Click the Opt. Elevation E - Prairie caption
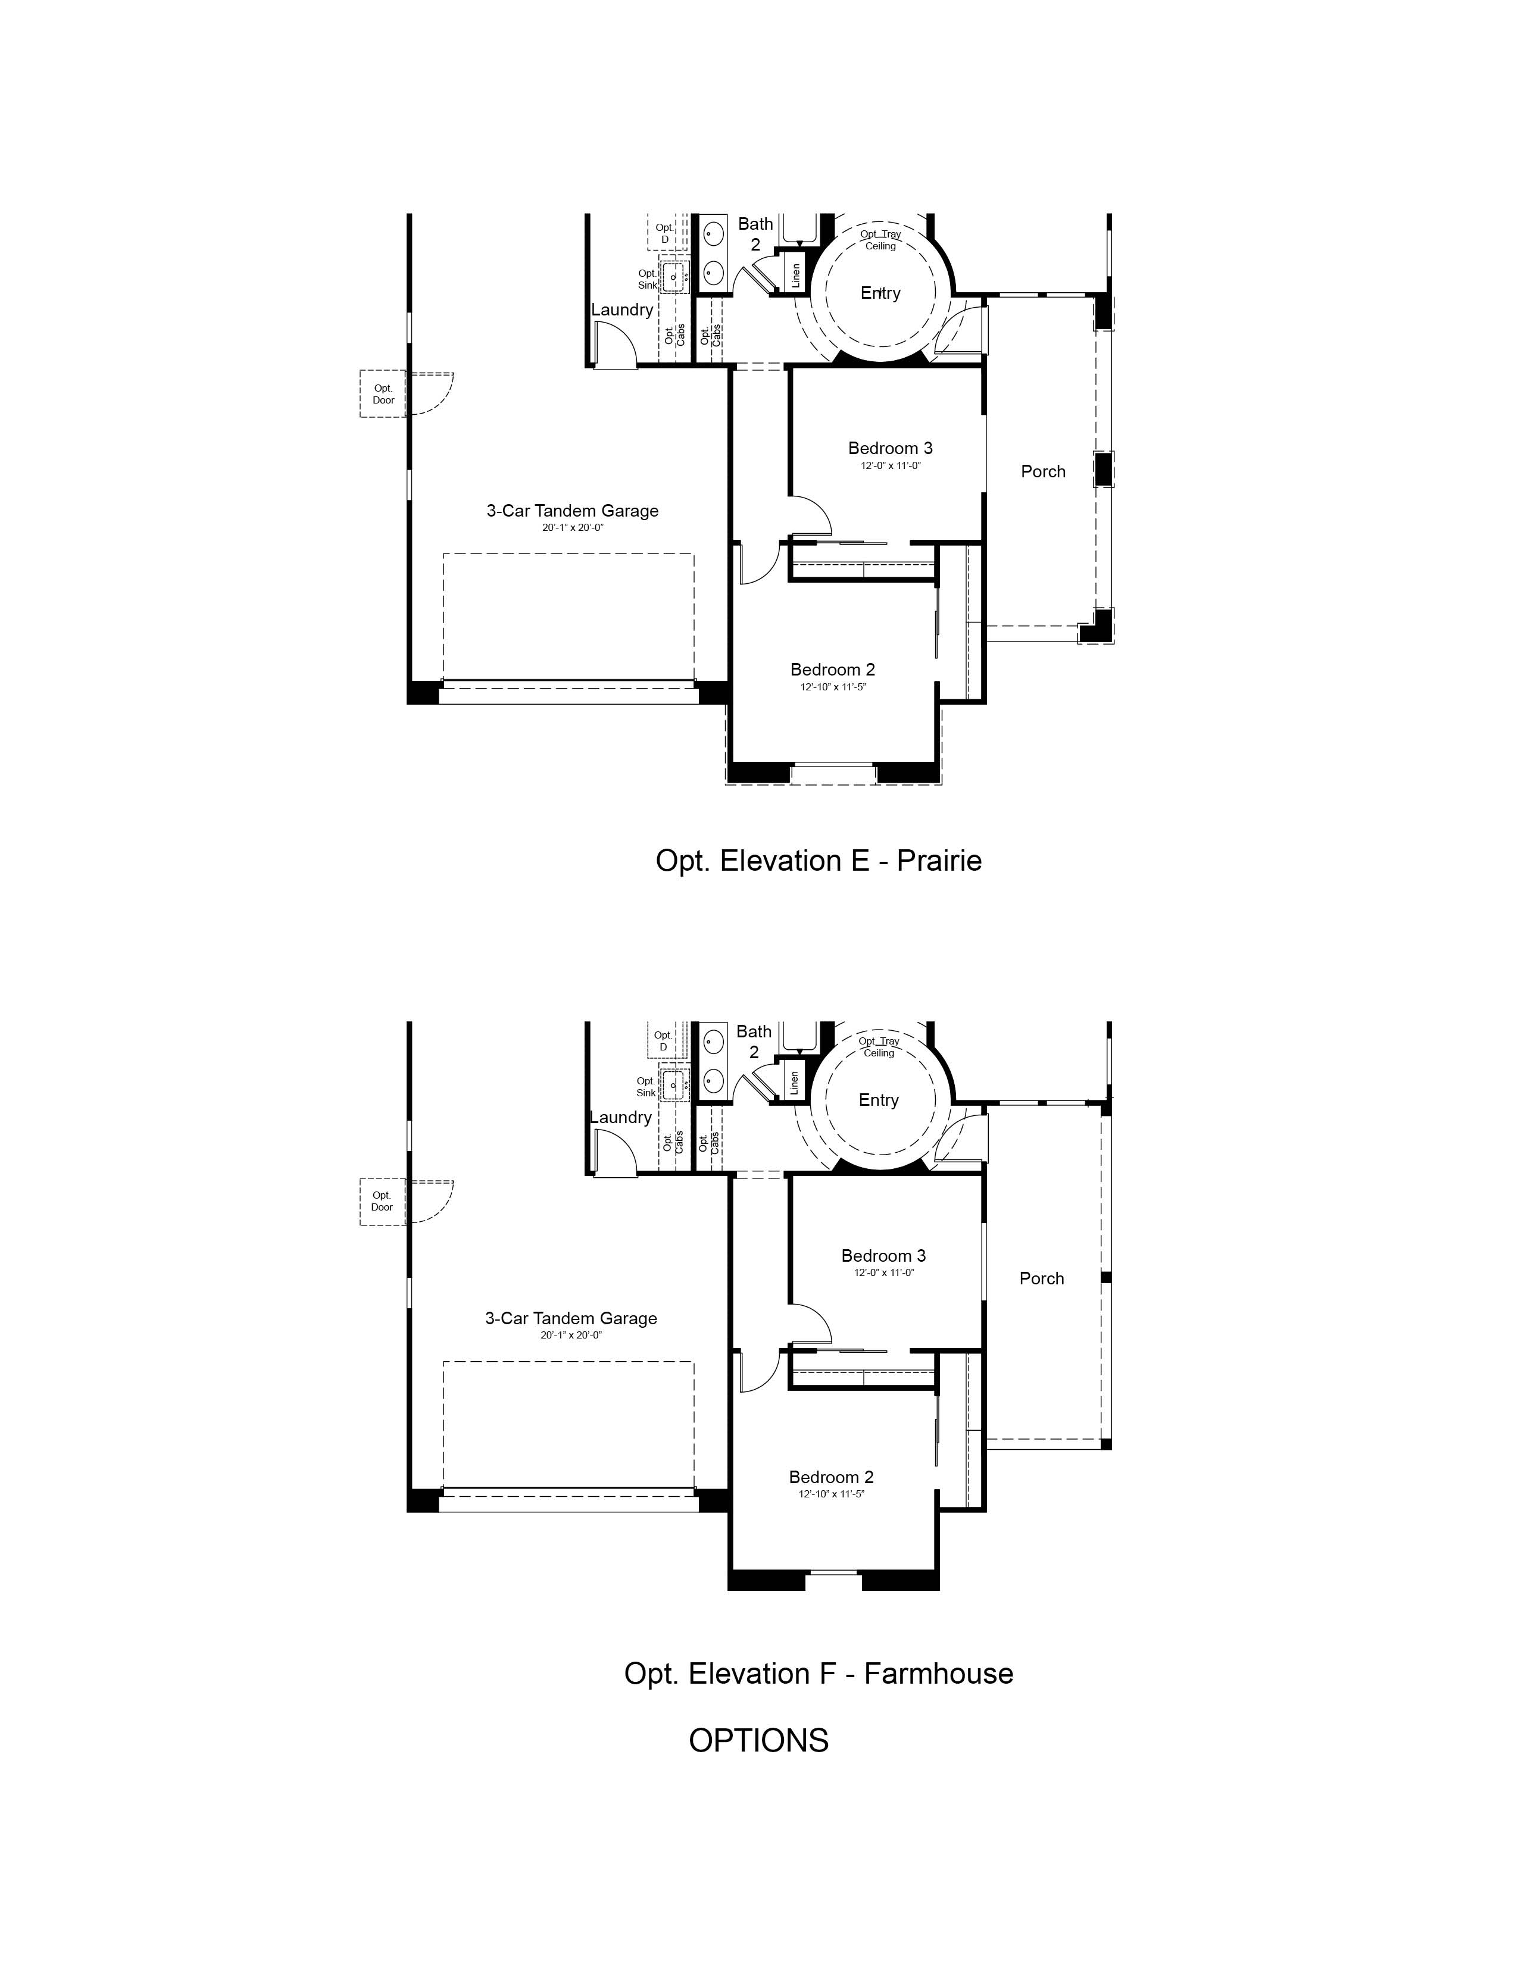819,861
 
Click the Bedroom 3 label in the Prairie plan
891,448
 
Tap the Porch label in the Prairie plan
1043,471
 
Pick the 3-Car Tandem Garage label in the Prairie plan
573,511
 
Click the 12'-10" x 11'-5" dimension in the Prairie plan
833,687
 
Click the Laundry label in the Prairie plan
622,309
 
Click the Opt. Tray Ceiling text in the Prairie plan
880,240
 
